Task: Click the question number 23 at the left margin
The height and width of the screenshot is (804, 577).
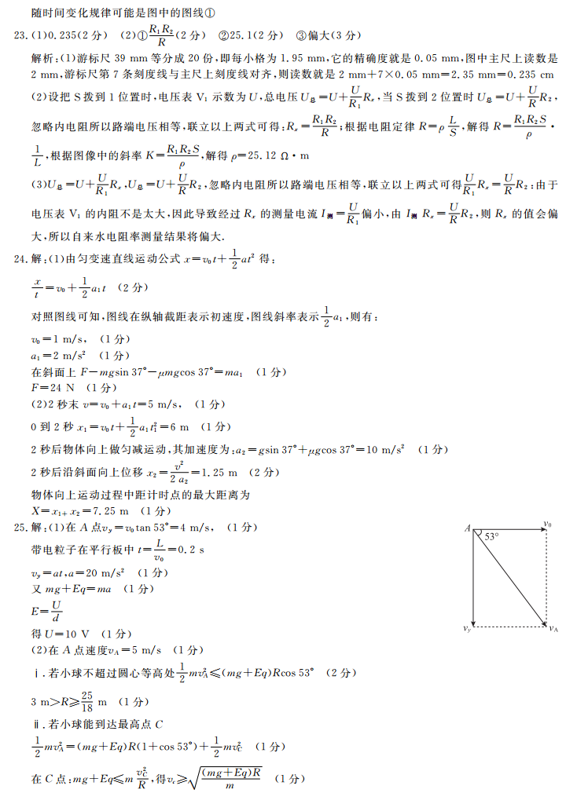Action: [17, 35]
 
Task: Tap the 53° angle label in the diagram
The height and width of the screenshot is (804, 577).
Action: [492, 537]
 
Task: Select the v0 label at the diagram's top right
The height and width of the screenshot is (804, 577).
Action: [548, 524]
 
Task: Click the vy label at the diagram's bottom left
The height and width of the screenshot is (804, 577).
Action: [467, 629]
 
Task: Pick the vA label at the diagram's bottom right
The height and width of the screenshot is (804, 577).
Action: [553, 629]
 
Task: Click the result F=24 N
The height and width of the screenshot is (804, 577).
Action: [54, 387]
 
